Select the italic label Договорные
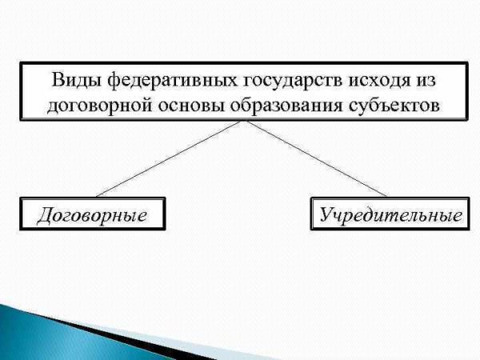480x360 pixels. pos(92,215)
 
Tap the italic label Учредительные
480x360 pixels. pos(390,214)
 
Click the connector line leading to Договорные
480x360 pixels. pos(168,159)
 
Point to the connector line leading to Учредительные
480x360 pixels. pos(317,158)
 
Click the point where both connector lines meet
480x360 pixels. pos(244,120)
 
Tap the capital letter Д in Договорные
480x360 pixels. pos(46,215)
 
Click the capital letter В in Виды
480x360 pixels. pos(58,80)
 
